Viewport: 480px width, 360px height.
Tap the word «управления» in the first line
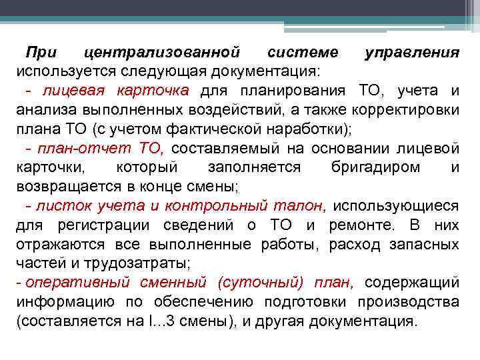click(412, 52)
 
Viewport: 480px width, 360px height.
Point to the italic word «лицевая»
click(68, 91)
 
